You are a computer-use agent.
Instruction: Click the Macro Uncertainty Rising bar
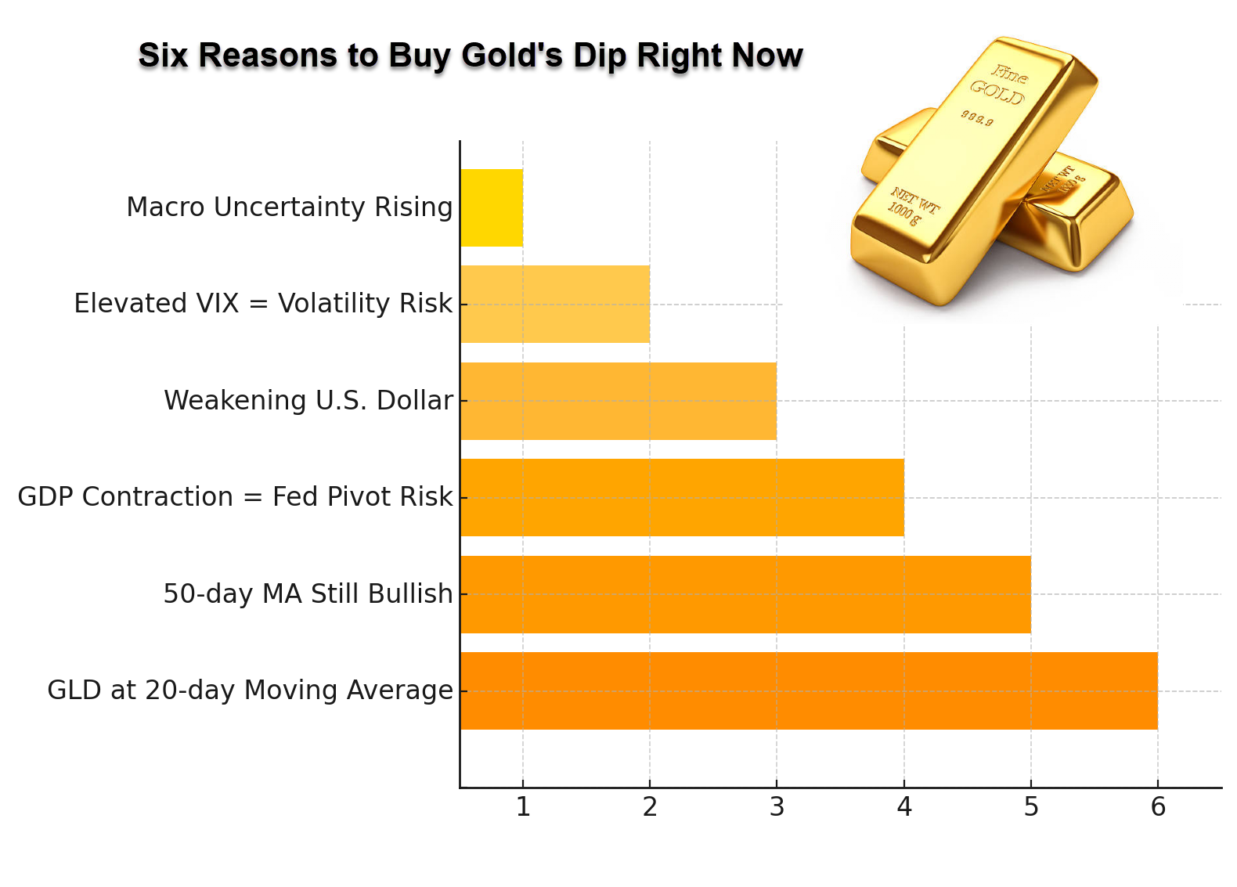492,207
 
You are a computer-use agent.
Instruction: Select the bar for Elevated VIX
555,304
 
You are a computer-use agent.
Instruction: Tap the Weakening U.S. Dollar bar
618,401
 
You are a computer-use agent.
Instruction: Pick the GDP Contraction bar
682,497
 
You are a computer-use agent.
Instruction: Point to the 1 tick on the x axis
523,806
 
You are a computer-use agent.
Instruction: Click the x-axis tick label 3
777,806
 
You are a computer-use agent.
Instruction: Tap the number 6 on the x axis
1158,806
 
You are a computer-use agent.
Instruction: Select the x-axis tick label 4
904,806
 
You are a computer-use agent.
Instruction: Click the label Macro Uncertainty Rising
290,207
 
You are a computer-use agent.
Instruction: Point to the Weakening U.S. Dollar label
308,401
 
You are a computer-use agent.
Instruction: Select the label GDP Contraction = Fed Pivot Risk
235,497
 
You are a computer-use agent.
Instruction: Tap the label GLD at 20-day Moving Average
250,690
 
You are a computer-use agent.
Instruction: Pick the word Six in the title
163,56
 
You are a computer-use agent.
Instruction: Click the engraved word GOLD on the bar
997,92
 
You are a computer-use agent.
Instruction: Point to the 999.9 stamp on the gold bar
977,118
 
